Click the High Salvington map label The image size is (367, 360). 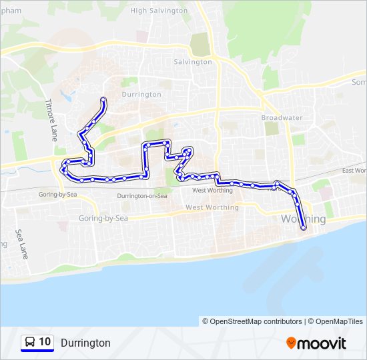click(159, 11)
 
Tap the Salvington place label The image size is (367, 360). click(193, 62)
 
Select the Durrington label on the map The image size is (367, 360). click(141, 95)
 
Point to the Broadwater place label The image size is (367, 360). click(282, 118)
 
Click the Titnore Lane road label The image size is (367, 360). click(51, 120)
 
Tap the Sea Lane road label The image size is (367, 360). click(22, 245)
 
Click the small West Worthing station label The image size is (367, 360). click(212, 191)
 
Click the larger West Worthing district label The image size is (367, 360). click(212, 207)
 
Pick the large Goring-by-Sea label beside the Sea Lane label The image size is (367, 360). click(103, 218)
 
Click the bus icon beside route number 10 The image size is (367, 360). click(30, 343)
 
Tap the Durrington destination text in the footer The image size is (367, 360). click(85, 343)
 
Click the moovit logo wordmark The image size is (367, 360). click(322, 343)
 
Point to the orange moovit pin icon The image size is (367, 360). click(291, 343)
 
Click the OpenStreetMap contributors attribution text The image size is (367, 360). click(252, 321)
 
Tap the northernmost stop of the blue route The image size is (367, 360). click(103, 100)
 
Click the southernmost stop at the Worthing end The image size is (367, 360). click(304, 228)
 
